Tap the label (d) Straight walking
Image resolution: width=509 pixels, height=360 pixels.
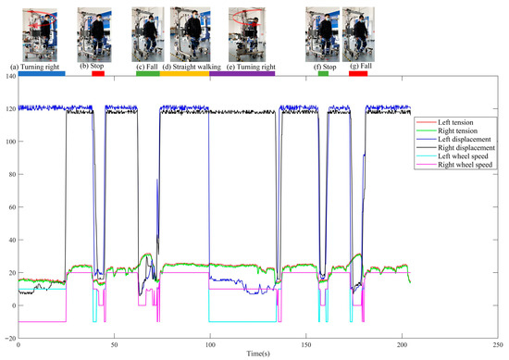pos(195,67)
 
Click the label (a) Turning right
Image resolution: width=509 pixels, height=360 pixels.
pos(34,67)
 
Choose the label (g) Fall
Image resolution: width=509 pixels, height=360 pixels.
pos(359,67)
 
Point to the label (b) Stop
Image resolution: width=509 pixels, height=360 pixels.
pos(96,67)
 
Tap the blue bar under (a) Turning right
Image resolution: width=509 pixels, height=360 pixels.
pos(41,73)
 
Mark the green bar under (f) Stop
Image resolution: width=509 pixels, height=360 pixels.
pos(323,73)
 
